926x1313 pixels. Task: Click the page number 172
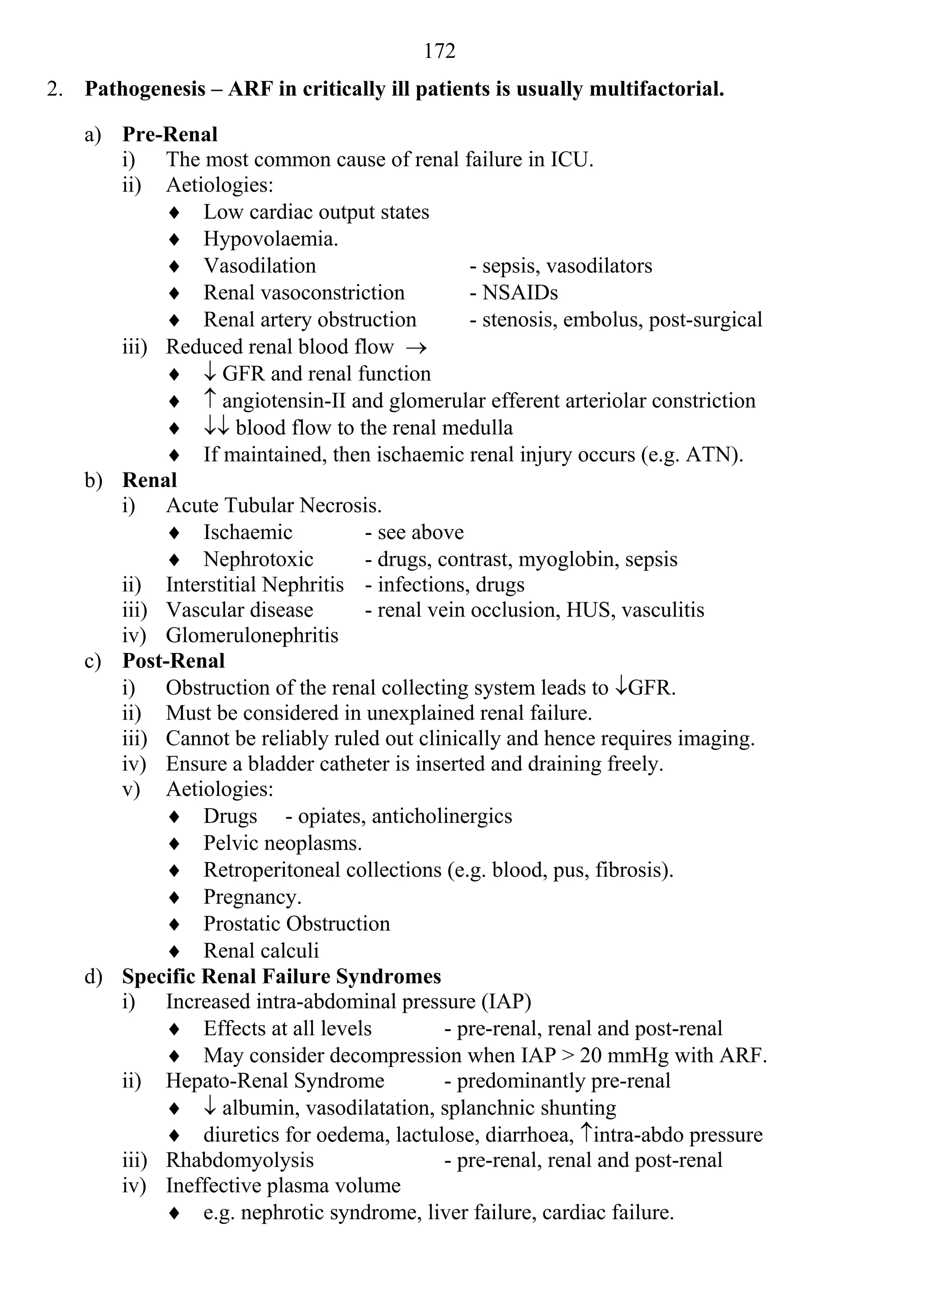pyautogui.click(x=439, y=52)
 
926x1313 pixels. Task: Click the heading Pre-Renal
pyautogui.click(x=170, y=134)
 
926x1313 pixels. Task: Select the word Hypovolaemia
pyautogui.click(x=270, y=239)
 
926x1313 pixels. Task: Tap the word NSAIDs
pyautogui.click(x=520, y=293)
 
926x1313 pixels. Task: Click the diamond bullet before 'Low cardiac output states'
pyautogui.click(x=175, y=213)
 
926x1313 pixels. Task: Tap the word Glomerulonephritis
pyautogui.click(x=252, y=635)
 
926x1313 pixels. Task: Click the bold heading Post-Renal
pyautogui.click(x=174, y=661)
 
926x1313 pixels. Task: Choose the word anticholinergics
pyautogui.click(x=442, y=816)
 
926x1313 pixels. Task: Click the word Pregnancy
pyautogui.click(x=252, y=897)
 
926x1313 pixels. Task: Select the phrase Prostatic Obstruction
pyautogui.click(x=297, y=924)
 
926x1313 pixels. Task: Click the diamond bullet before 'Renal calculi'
pyautogui.click(x=175, y=952)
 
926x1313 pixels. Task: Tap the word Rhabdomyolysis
pyautogui.click(x=240, y=1160)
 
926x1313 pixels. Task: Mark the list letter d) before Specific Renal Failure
pyautogui.click(x=93, y=977)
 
